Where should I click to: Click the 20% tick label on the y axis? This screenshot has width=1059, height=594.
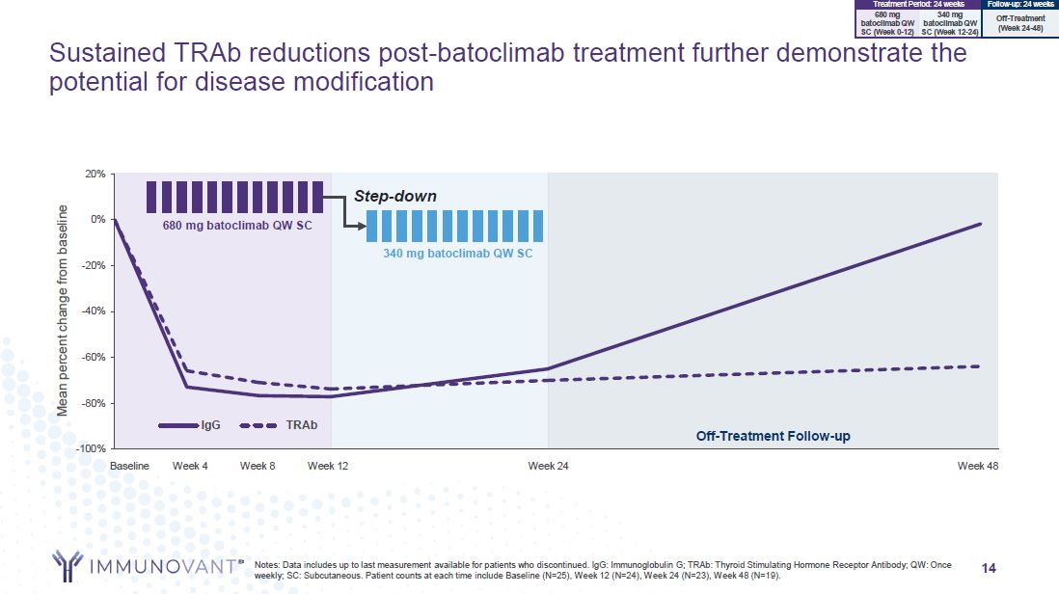tap(95, 174)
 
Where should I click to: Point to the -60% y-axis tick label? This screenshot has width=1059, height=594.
tap(93, 357)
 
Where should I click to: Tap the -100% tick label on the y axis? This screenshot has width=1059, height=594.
tap(91, 448)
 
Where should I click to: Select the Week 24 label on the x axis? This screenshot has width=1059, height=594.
tap(548, 467)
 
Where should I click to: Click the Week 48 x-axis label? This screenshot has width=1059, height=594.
tap(978, 467)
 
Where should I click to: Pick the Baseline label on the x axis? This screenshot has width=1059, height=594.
tap(129, 467)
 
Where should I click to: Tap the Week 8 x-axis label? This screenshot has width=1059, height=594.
tap(258, 467)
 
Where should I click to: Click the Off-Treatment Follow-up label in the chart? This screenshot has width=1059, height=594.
tap(774, 436)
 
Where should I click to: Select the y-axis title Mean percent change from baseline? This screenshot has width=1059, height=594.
tap(63, 310)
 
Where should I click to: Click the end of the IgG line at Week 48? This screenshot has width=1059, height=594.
tap(980, 224)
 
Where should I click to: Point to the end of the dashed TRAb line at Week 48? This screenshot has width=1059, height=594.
tap(980, 366)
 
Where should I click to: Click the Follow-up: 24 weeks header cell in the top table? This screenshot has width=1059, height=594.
tap(1020, 5)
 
